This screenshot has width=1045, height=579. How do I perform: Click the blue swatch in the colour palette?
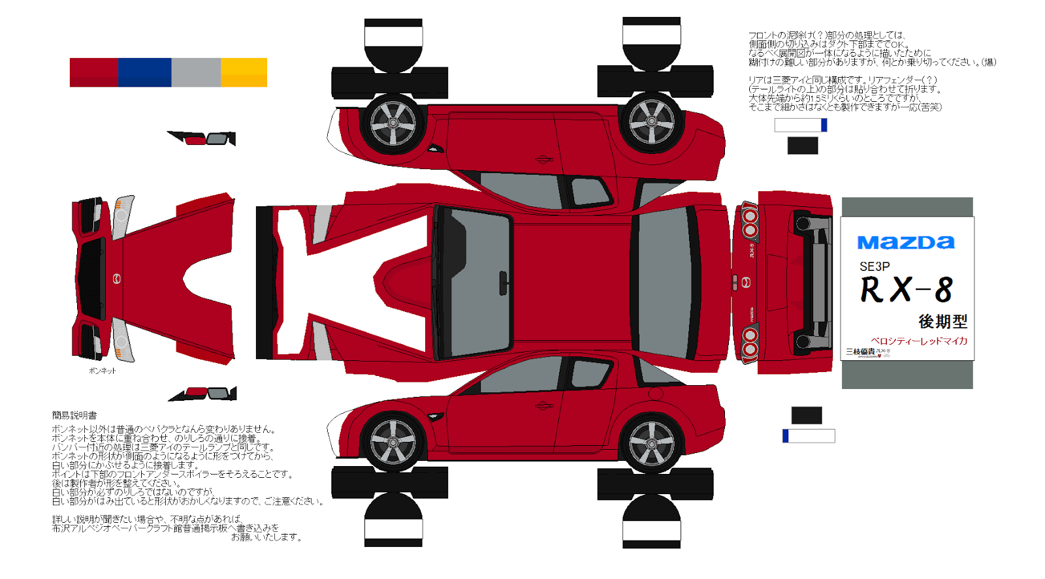144,72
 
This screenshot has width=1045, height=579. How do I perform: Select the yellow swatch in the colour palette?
244,72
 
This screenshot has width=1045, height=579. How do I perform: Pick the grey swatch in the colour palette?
196,72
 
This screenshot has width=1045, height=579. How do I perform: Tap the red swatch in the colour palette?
94,72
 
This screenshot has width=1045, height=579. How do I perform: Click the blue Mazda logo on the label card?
906,243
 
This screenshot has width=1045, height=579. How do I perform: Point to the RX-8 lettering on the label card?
906,290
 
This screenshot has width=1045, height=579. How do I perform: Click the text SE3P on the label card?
875,266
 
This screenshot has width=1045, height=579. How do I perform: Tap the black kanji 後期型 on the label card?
942,321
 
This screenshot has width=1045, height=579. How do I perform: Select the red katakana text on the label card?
919,341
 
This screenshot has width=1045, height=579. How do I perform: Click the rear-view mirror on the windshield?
503,283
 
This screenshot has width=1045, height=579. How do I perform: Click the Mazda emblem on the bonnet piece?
118,279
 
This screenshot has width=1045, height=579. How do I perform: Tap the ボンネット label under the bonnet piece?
103,371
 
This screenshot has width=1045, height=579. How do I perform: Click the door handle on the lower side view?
543,406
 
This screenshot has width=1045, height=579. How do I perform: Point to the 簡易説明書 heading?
74,415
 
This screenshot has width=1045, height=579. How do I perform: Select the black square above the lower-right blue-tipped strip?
806,415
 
